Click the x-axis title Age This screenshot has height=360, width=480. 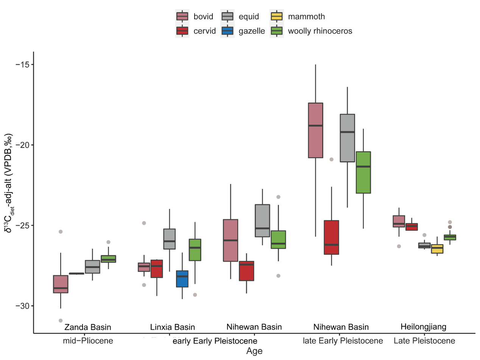coord(254,351)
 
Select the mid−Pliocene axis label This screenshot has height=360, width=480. coord(88,341)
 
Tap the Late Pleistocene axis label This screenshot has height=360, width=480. coord(424,341)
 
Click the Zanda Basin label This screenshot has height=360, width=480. coord(88,327)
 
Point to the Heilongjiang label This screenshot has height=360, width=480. coord(424,326)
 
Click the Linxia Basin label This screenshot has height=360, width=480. coord(173,327)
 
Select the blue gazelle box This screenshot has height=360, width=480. coord(182,279)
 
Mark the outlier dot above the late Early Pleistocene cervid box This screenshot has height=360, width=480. coord(332,159)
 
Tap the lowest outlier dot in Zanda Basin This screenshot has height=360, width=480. coord(61,321)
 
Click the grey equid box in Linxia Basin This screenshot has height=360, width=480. coord(169,239)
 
